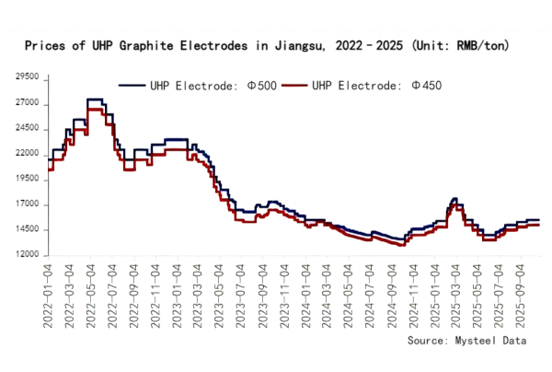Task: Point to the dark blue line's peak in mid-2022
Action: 94,99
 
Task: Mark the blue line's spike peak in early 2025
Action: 454,198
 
